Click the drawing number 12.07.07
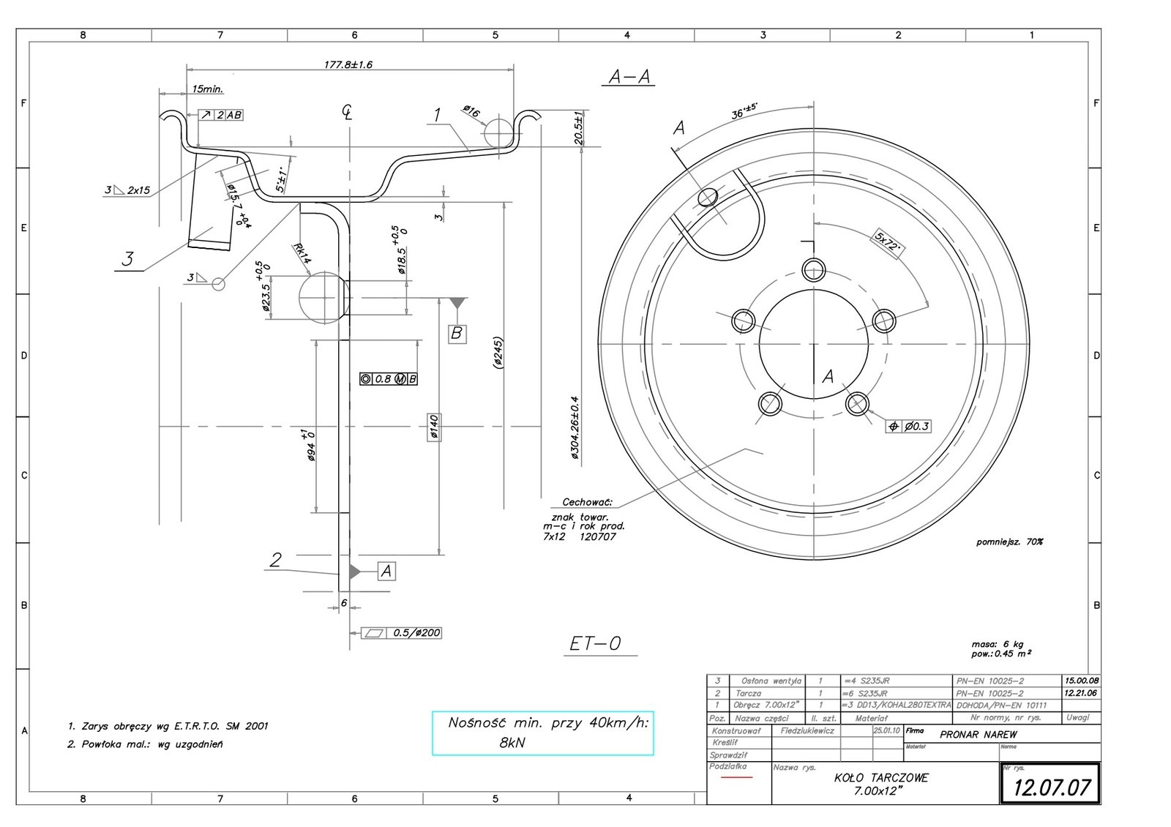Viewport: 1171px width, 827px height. pos(1051,787)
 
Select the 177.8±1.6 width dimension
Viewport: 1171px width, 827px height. pos(348,64)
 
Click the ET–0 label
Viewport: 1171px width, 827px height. pos(595,643)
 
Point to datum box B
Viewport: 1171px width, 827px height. pos(457,334)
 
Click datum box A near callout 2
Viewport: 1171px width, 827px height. pos(386,571)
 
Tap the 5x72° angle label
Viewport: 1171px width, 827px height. pos(887,242)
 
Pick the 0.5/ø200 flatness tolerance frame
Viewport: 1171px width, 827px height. pos(403,633)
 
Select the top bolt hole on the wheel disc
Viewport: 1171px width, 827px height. pos(814,270)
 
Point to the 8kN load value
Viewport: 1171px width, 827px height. pos(512,742)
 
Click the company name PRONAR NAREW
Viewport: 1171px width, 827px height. pos(979,734)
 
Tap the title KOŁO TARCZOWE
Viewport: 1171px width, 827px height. pos(880,778)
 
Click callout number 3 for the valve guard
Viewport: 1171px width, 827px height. pos(128,259)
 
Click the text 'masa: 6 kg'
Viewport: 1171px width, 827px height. pos(998,645)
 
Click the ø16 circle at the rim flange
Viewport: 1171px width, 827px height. pos(498,133)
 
